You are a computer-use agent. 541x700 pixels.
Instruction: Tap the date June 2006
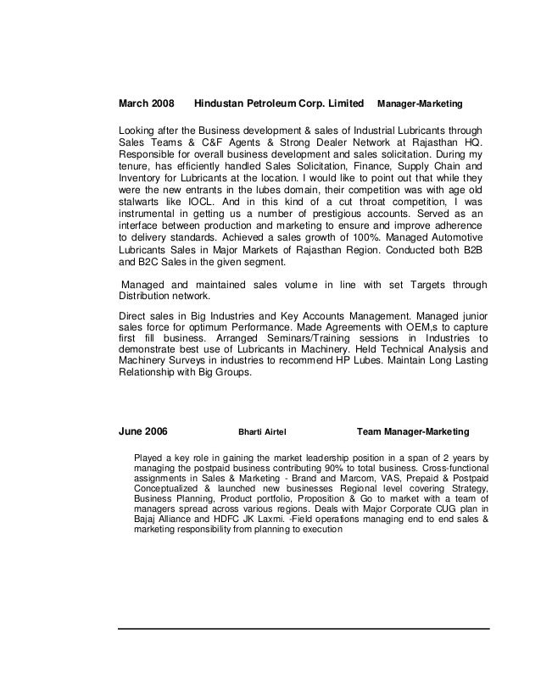(x=142, y=432)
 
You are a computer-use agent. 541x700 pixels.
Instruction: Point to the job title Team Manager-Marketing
(x=413, y=432)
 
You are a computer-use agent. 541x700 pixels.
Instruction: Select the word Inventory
(x=140, y=180)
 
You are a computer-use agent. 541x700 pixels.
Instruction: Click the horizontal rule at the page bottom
(x=304, y=628)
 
